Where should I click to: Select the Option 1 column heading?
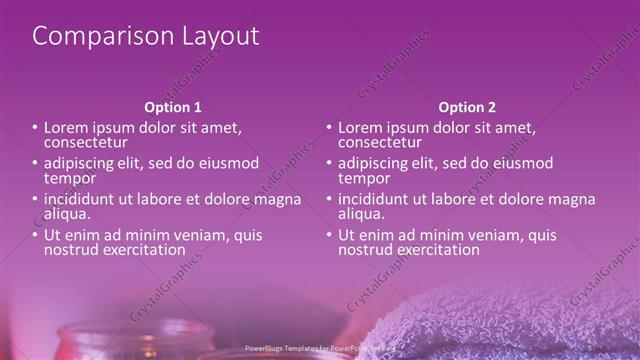173,107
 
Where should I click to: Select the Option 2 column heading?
467,107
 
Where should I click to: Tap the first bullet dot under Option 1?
35,128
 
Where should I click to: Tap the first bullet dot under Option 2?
329,128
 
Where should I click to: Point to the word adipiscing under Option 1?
81,163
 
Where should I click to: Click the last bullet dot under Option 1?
35,235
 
